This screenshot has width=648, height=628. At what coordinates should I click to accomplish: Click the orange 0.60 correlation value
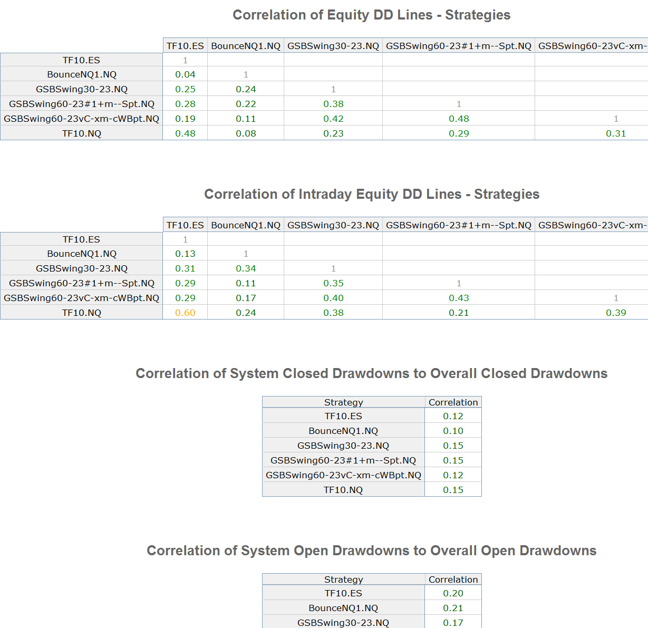(185, 313)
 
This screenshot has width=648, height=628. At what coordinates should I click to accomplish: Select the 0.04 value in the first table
(185, 74)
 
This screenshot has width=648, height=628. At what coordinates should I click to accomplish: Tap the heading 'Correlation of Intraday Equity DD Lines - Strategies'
(372, 194)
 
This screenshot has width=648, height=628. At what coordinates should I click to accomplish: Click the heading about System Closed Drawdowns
(371, 373)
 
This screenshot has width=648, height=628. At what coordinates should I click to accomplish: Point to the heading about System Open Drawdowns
(371, 550)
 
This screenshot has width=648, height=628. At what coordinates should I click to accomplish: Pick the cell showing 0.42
(333, 119)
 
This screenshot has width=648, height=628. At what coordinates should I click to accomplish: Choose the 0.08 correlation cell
(246, 133)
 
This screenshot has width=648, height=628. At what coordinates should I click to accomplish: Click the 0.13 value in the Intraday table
(185, 254)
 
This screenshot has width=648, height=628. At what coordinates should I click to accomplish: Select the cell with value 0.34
(246, 268)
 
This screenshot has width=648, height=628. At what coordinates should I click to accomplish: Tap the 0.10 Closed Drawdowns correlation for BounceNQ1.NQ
(453, 431)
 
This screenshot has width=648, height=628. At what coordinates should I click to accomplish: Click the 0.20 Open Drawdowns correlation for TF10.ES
(453, 593)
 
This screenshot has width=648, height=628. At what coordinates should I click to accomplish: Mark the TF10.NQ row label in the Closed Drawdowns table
(343, 490)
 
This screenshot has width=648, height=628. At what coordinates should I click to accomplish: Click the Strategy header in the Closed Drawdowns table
(343, 402)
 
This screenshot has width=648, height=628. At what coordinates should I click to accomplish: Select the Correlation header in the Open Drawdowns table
(453, 579)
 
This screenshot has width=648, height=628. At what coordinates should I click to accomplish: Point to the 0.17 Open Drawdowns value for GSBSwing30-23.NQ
(453, 623)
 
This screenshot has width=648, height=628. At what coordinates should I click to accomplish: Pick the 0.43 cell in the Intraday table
(459, 298)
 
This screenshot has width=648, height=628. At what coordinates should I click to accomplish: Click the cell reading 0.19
(185, 119)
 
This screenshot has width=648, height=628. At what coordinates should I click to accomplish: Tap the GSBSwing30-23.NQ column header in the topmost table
(333, 46)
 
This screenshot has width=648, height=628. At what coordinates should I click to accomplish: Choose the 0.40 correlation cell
(333, 298)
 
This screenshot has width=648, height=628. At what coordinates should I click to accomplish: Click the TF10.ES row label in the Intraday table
(81, 239)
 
